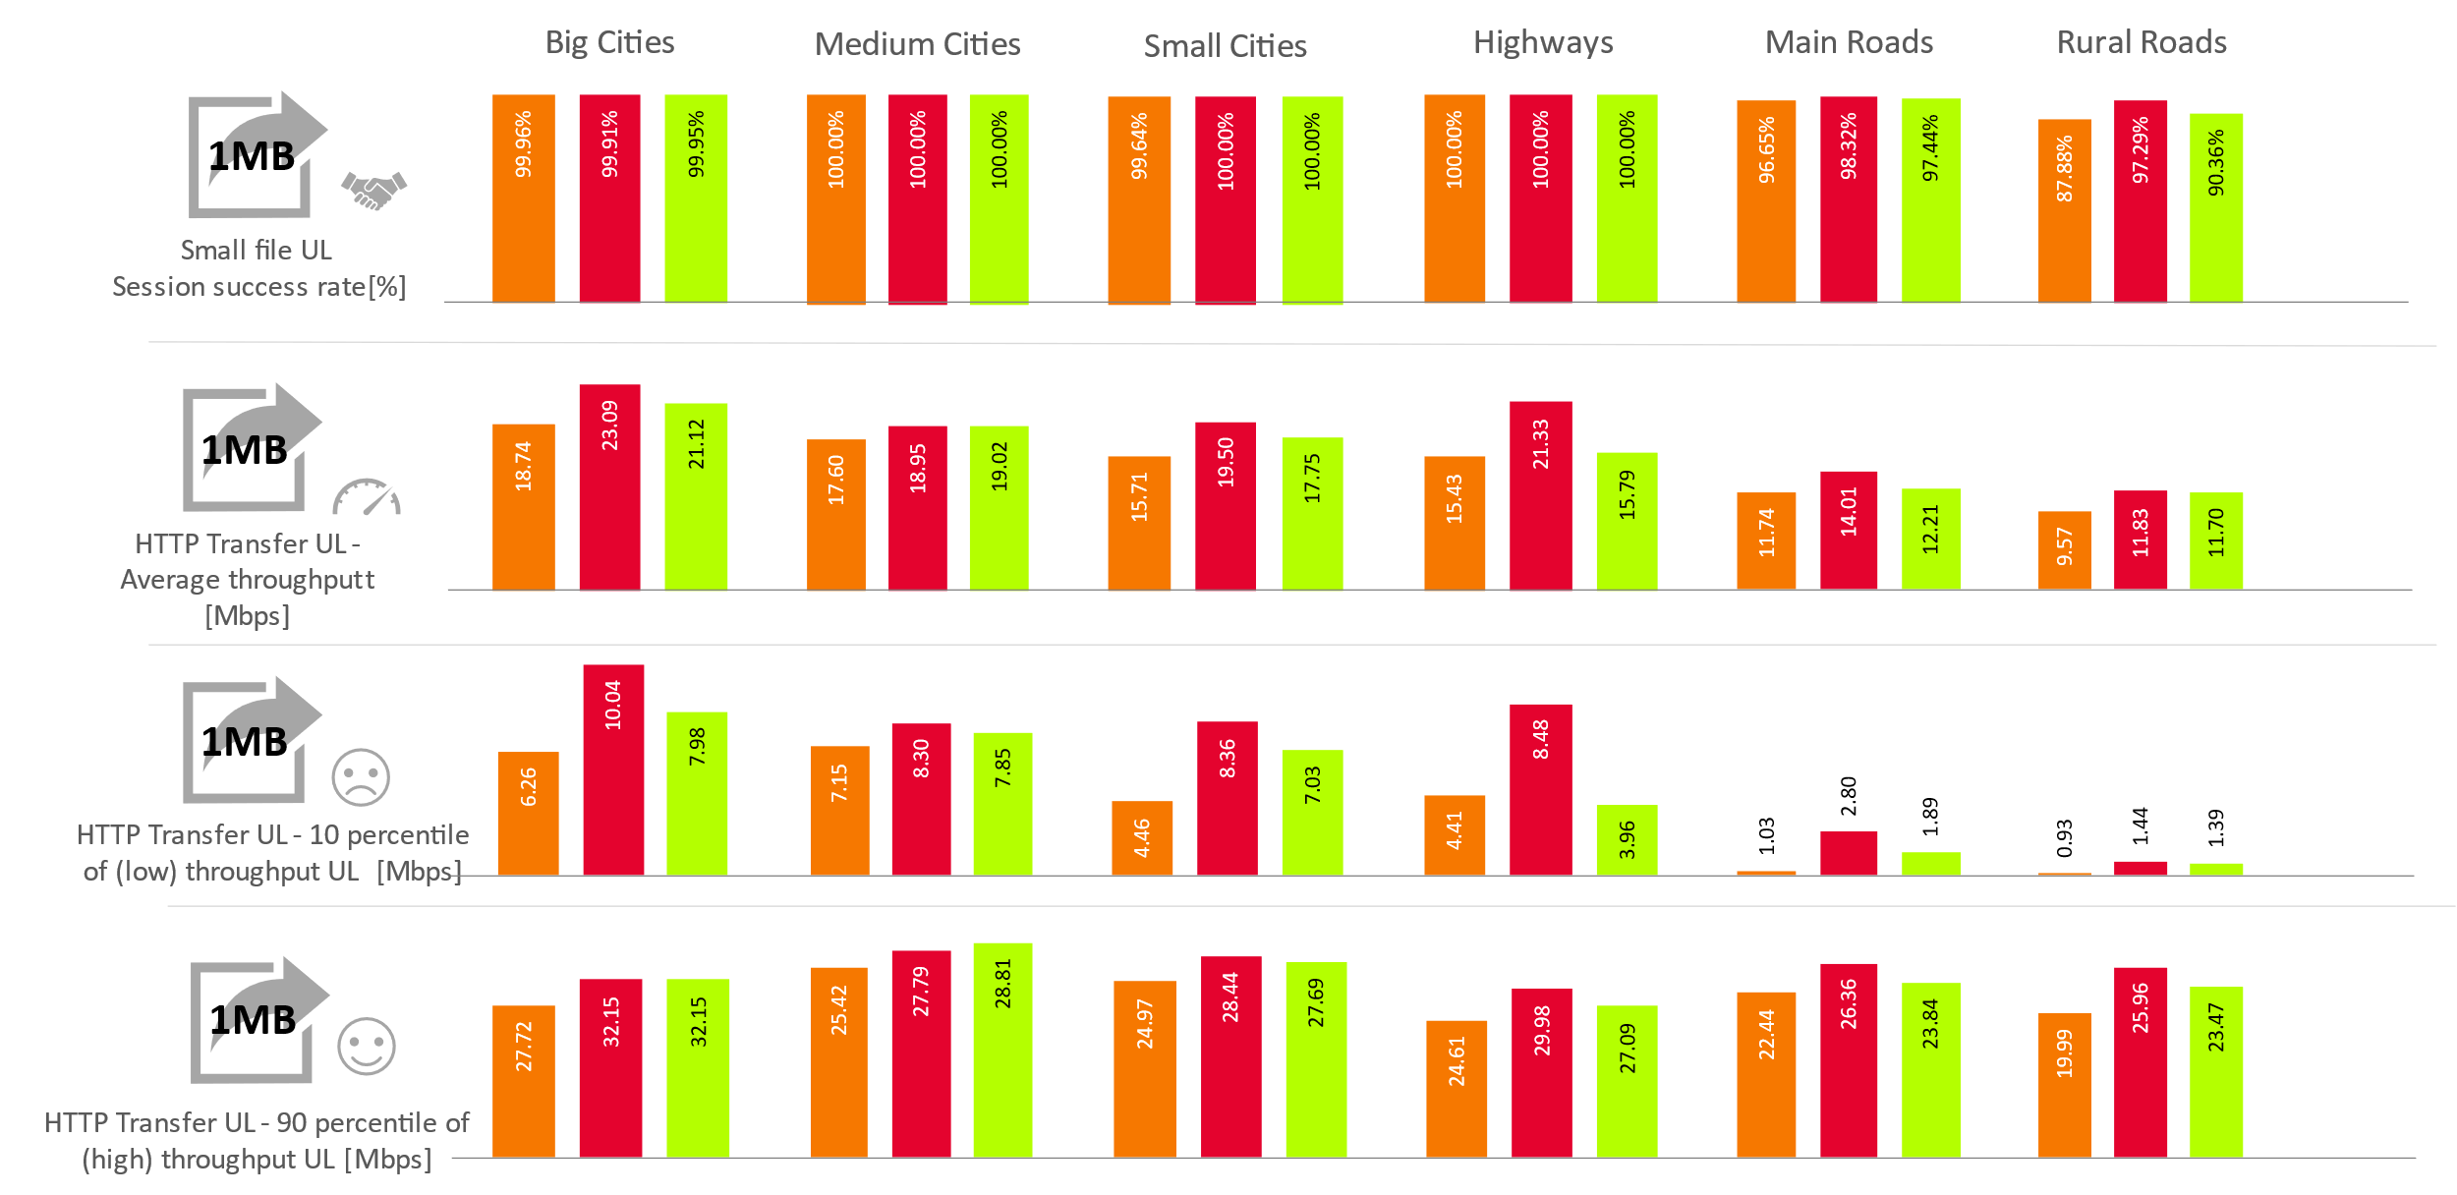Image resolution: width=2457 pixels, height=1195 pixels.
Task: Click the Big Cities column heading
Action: pos(609,42)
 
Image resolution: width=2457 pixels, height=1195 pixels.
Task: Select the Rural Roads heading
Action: pos(2142,42)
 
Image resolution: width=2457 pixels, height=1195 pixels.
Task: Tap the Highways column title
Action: pos(1543,42)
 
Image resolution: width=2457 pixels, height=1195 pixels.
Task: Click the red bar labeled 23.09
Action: pos(609,487)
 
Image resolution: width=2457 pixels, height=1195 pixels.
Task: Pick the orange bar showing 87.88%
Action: pos(2064,210)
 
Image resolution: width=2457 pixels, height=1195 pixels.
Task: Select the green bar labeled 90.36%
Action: pos(2216,207)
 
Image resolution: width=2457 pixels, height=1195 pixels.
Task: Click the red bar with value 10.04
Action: pos(613,769)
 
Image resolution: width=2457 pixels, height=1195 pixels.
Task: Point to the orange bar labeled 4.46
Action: pos(1142,837)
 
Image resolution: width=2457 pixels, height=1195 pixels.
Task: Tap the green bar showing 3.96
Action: pos(1627,839)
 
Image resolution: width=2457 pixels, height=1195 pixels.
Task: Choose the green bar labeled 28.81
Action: pos(1002,1050)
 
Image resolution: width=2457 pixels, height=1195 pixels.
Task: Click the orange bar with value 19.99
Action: pos(2064,1085)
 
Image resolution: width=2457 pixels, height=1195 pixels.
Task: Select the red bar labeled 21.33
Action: pos(1540,495)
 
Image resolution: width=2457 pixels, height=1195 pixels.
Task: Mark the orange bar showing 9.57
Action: pos(2064,549)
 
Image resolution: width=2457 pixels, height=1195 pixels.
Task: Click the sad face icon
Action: pos(361,777)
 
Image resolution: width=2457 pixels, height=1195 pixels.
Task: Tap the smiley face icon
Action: pos(366,1046)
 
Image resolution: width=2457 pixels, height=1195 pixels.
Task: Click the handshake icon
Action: pos(373,189)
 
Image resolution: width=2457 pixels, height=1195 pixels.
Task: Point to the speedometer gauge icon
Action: pos(367,497)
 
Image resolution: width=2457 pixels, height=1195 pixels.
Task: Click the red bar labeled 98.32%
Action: pos(1849,199)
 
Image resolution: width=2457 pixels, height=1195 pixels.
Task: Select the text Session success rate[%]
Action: pos(258,287)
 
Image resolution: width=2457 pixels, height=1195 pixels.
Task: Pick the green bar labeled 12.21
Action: pos(1930,539)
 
